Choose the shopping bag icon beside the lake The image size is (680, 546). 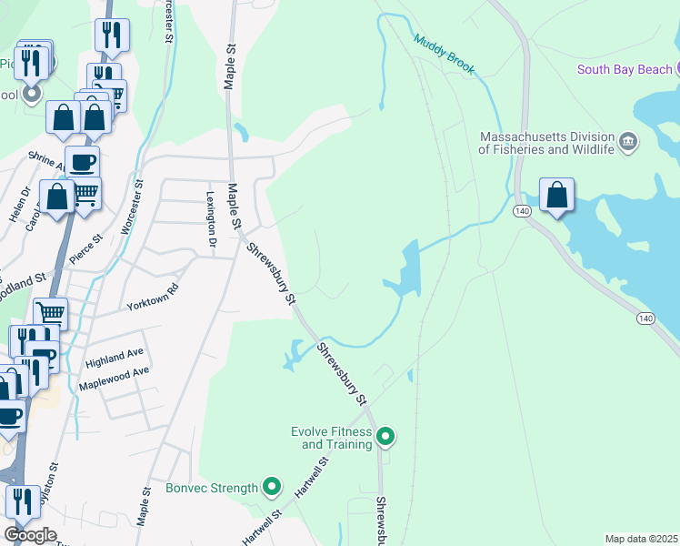tap(556, 195)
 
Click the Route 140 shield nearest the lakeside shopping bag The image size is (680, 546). tap(521, 211)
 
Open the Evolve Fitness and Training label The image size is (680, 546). tap(331, 438)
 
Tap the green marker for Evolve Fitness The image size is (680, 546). tap(385, 438)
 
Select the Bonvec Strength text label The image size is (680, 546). tap(212, 488)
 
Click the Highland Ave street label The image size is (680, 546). tap(115, 357)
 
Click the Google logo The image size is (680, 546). tap(30, 535)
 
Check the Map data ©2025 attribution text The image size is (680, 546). tap(641, 539)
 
